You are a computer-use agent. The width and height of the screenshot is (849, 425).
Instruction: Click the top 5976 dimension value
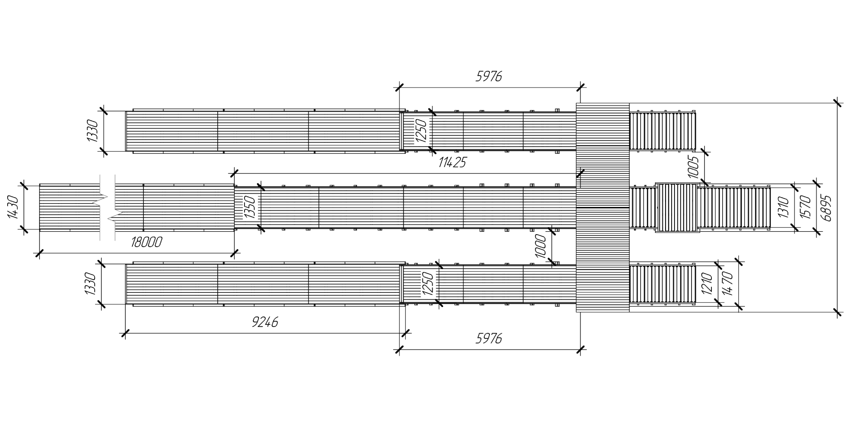pos(489,76)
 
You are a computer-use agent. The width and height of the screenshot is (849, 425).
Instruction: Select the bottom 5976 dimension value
pos(489,339)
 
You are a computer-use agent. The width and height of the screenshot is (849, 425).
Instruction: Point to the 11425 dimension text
pos(452,162)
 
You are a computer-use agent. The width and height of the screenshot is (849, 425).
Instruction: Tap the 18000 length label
pos(146,242)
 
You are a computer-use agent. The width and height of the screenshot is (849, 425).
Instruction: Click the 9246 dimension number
pos(265,322)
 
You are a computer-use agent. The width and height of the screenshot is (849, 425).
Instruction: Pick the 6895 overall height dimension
pos(826,208)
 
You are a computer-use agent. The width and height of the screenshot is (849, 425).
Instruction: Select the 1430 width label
pos(13,207)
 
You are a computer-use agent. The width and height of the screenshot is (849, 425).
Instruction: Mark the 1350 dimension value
pos(250,207)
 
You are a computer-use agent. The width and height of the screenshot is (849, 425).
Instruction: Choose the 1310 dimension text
pos(784,207)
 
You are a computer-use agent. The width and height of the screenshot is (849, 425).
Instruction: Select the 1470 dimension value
pos(727,284)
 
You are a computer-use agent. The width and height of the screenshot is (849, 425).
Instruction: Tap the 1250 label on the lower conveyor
pos(428,283)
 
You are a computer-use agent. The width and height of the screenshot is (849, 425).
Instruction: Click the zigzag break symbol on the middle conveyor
pos(107,207)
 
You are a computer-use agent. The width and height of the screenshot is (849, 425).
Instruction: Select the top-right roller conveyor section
pos(663,131)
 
